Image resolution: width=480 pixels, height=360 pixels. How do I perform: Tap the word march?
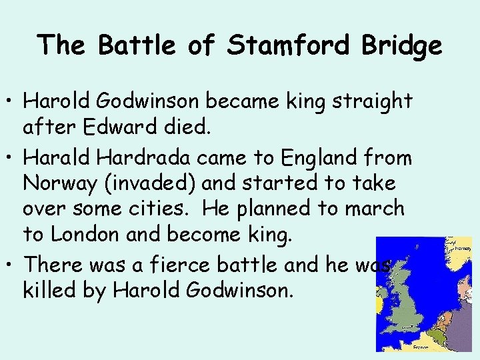375,208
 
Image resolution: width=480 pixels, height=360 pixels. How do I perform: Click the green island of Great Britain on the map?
407,300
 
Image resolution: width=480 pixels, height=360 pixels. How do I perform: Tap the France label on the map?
419,347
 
